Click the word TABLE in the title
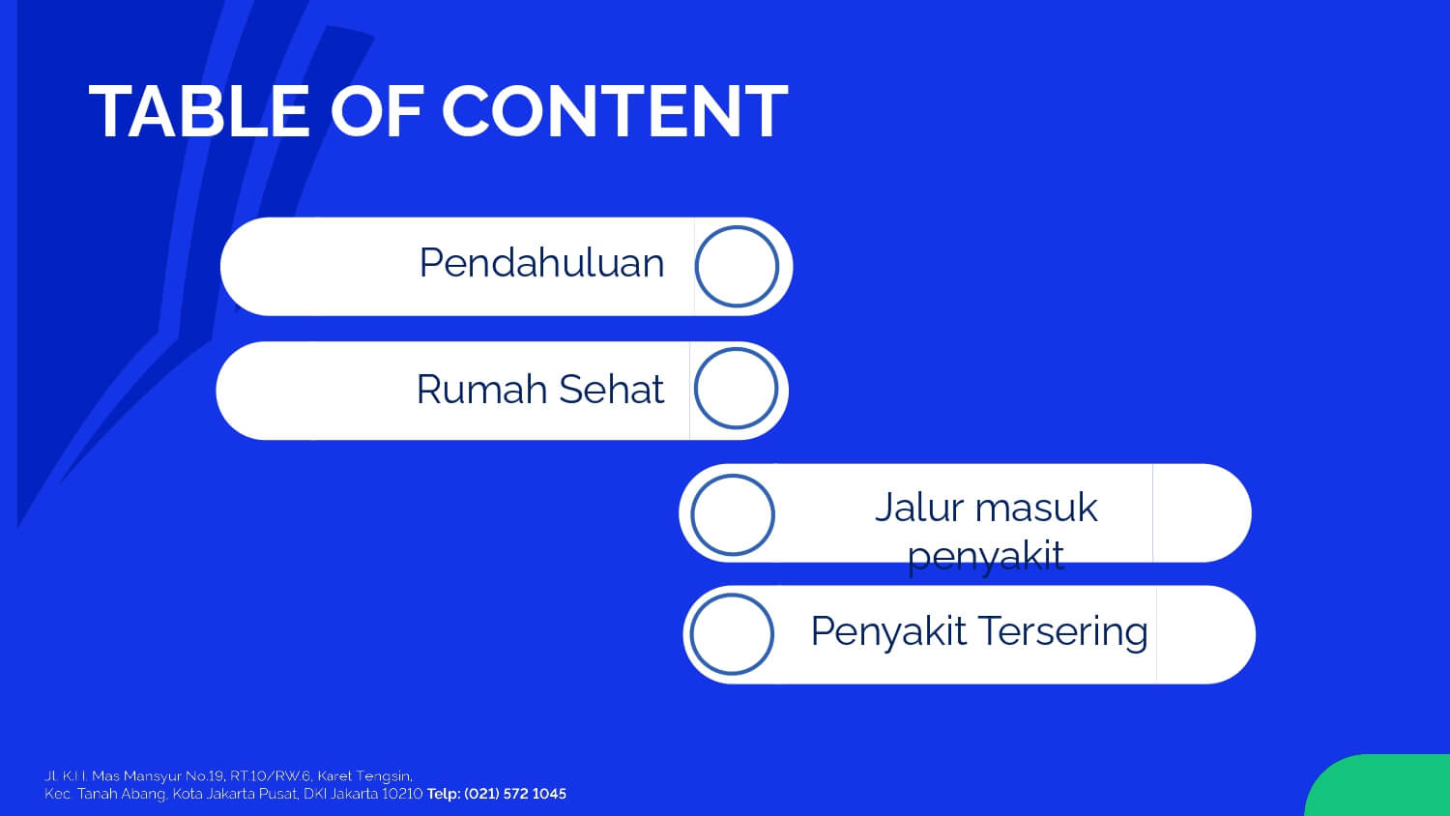[199, 111]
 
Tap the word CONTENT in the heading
[615, 111]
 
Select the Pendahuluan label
[541, 263]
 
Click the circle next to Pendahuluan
[737, 226]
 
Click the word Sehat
[611, 390]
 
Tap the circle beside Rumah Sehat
[736, 348]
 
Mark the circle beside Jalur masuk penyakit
[733, 476]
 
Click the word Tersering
[1063, 631]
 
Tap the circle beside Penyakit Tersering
[732, 595]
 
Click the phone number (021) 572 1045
[515, 794]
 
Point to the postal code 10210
[402, 794]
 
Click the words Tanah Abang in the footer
[122, 794]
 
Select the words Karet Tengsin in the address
[364, 775]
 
